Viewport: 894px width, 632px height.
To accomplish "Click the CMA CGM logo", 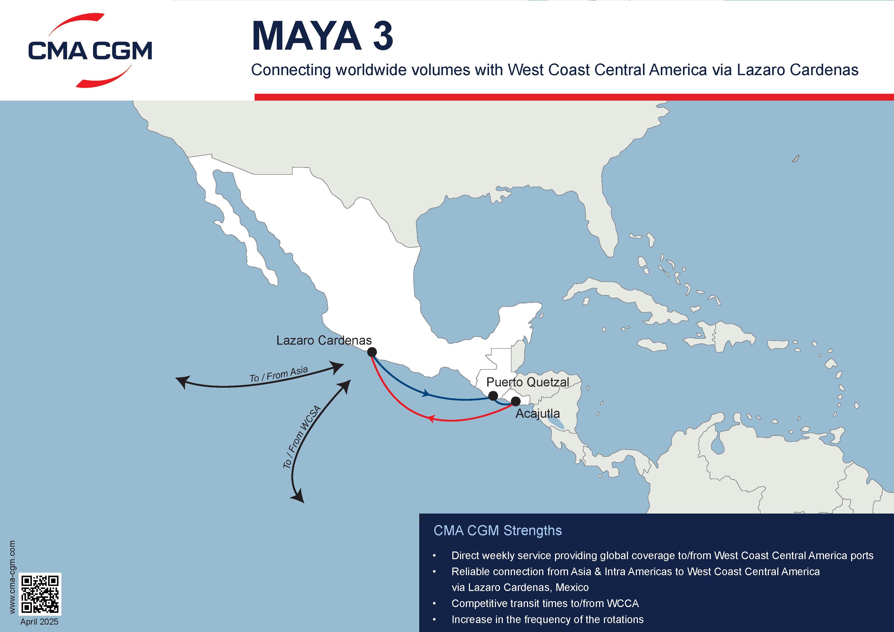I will point(90,51).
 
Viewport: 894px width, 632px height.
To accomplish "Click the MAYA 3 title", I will point(322,36).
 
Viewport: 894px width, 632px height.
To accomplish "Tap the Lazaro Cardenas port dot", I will point(372,352).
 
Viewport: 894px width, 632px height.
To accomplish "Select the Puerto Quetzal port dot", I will point(493,396).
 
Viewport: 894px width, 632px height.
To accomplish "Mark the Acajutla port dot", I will point(516,401).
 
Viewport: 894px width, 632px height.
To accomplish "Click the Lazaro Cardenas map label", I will point(324,341).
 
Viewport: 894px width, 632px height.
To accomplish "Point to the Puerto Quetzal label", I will point(528,382).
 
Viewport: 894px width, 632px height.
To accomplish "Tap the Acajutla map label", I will point(538,414).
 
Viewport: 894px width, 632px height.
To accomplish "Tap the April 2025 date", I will point(39,622).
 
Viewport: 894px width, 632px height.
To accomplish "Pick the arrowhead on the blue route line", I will point(426,394).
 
